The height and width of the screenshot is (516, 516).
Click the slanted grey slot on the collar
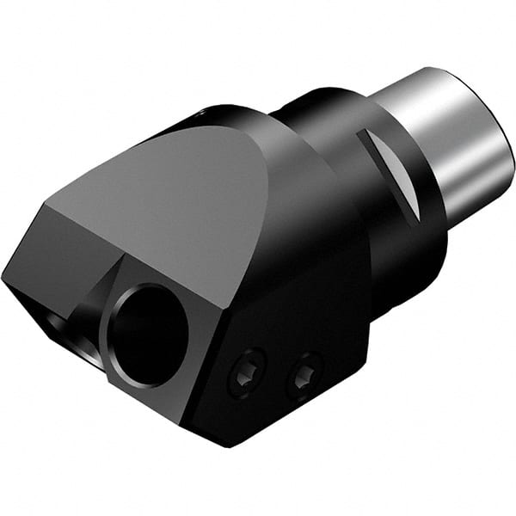tap(390, 167)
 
